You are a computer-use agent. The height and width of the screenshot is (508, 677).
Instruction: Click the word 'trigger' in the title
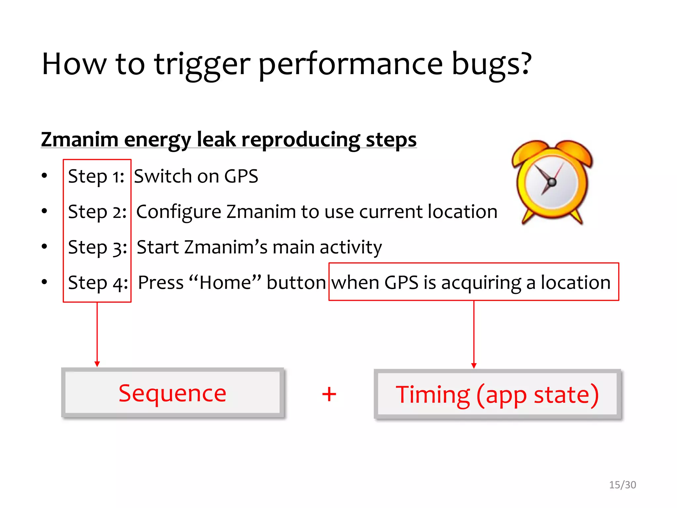click(x=202, y=64)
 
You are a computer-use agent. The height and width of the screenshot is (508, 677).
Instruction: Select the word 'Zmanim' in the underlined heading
click(x=79, y=139)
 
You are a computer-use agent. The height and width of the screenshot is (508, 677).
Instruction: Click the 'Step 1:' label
click(x=96, y=176)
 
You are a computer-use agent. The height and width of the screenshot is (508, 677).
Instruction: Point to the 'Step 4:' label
click(x=98, y=283)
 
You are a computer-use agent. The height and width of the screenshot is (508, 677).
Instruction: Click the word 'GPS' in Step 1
click(x=241, y=176)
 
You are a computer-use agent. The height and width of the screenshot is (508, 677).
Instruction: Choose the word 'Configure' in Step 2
click(x=179, y=212)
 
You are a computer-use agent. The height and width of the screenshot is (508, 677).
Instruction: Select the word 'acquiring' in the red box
click(x=481, y=283)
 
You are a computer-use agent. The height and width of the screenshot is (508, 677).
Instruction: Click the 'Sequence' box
click(x=173, y=393)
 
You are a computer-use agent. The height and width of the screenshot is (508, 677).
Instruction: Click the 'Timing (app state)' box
click(x=497, y=395)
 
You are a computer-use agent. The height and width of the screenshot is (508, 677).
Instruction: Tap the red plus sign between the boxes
click(x=329, y=394)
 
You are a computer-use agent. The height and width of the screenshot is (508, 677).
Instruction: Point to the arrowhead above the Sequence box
click(x=97, y=364)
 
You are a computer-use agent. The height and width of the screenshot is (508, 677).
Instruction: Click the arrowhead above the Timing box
click(x=474, y=365)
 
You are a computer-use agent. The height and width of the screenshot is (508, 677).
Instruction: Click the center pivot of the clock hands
click(x=552, y=182)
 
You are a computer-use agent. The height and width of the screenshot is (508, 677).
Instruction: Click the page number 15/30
click(x=622, y=485)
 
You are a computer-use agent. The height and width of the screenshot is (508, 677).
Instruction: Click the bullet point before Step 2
click(x=45, y=211)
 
